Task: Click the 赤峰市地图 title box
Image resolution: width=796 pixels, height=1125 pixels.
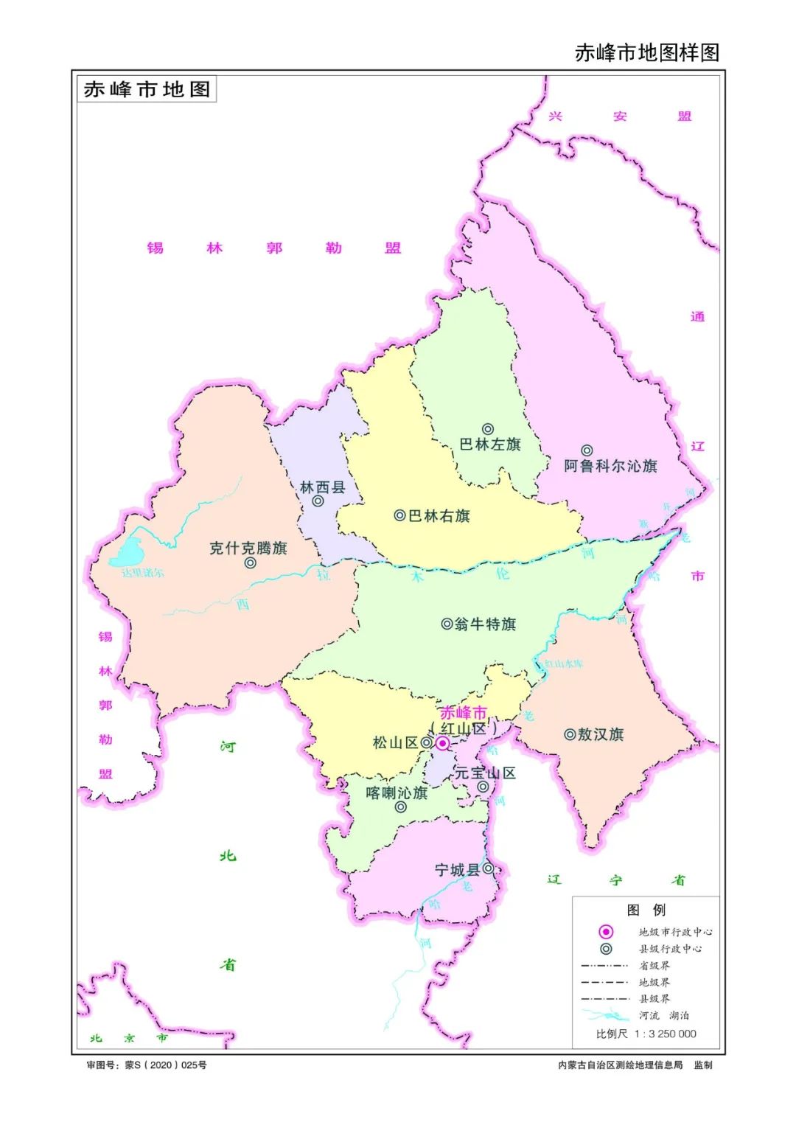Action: [x=147, y=89]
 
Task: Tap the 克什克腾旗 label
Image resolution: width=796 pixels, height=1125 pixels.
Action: [x=248, y=548]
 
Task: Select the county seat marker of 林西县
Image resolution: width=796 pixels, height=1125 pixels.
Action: [x=318, y=501]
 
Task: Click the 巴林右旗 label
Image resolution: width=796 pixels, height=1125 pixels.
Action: [x=439, y=516]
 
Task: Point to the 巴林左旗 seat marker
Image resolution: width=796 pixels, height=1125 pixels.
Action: [x=488, y=429]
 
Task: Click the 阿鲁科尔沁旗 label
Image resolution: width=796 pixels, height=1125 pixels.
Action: [x=610, y=466]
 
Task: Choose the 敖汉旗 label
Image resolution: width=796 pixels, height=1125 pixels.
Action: [x=600, y=734]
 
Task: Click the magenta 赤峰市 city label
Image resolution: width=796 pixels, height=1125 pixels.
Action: [x=463, y=713]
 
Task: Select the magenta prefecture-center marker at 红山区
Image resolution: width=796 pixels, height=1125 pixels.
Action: [x=442, y=743]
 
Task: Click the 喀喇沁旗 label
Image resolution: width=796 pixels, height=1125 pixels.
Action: [x=397, y=793]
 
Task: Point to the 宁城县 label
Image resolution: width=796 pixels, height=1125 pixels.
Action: [x=457, y=870]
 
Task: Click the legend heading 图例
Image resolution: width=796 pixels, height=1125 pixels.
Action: [x=646, y=910]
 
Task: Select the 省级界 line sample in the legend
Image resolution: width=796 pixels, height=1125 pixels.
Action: [x=604, y=966]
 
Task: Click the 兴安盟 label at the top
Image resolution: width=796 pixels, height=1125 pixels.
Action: [x=620, y=116]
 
